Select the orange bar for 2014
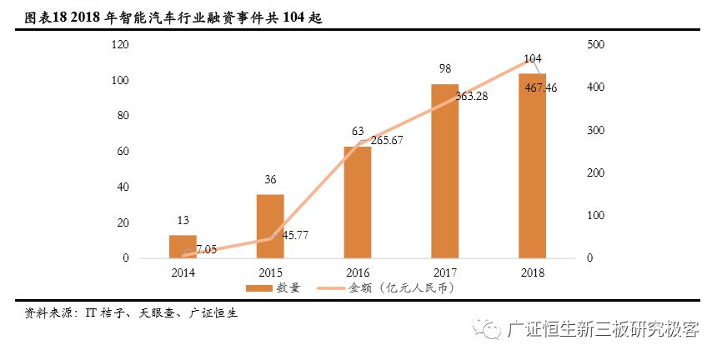tap(183, 247)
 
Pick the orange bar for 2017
tap(445, 171)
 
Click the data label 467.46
tap(542, 87)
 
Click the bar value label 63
tap(358, 131)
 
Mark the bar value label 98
tap(445, 68)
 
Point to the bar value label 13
tap(183, 220)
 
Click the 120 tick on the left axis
tap(119, 44)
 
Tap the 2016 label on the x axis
tap(358, 272)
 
